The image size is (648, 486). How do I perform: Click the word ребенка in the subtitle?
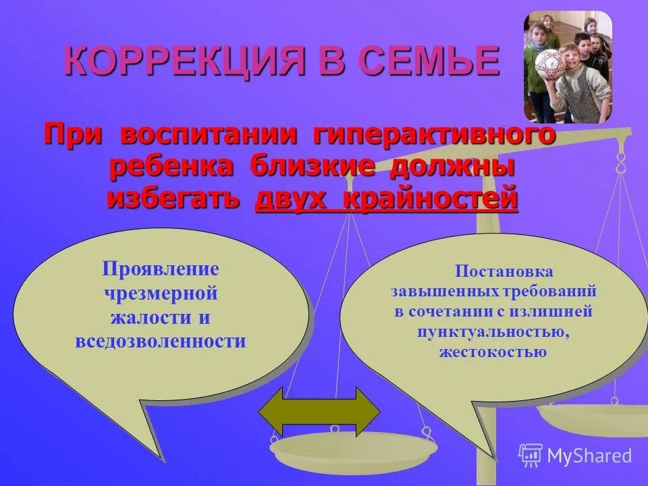pos(171,167)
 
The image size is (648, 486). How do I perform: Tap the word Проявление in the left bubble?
pos(161,269)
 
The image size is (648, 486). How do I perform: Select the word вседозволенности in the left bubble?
pos(161,342)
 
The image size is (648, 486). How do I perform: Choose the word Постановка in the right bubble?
pos(504,271)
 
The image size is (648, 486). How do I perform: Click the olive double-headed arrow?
pos(320,412)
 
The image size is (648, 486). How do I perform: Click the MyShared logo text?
pos(589,456)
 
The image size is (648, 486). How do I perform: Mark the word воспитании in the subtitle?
pos(209,135)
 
